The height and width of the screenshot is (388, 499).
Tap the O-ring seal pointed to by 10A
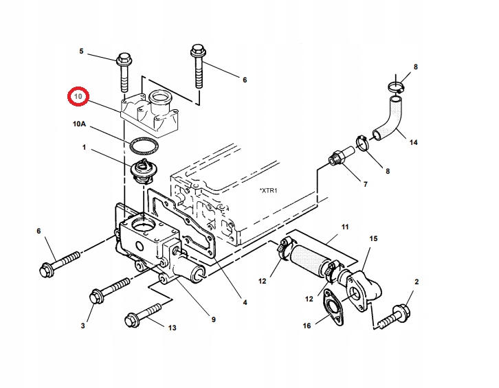click(x=143, y=146)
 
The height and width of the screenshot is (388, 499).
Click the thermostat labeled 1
click(x=143, y=171)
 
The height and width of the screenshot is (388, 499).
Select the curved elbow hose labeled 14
click(x=389, y=117)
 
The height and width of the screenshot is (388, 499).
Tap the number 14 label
click(x=413, y=143)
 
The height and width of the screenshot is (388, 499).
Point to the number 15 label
click(x=374, y=239)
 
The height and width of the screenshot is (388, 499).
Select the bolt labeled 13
click(x=141, y=317)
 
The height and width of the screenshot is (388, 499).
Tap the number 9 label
click(x=213, y=319)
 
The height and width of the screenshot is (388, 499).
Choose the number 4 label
click(x=245, y=302)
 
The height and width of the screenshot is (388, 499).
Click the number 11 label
click(x=345, y=226)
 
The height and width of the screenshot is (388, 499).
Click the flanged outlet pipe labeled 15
click(x=361, y=288)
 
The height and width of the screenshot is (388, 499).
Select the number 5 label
click(x=81, y=52)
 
